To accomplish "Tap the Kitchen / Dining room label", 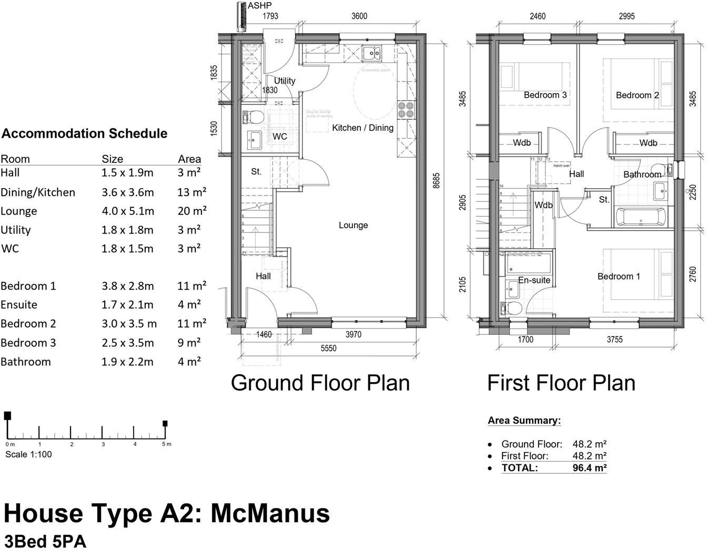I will [x=362, y=128].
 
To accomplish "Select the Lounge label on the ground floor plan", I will [x=353, y=225].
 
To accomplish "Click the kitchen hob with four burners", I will [x=406, y=109].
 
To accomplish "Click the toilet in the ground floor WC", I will [x=252, y=116].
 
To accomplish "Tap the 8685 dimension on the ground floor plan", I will [x=436, y=180].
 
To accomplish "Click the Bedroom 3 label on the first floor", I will [x=545, y=95].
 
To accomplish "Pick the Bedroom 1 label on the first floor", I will [x=619, y=277].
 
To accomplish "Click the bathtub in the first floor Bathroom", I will [x=640, y=217].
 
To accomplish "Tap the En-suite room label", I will [x=534, y=280].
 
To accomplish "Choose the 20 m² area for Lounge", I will [x=191, y=211].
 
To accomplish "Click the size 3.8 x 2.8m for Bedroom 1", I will [x=127, y=286].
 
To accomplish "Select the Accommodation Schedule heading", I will [x=84, y=134].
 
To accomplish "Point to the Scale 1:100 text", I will [x=28, y=454].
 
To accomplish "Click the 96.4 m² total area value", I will [x=589, y=468].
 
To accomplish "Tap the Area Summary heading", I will [x=524, y=421].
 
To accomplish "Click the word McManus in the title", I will [x=270, y=513].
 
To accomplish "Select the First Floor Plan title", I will [x=561, y=383].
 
